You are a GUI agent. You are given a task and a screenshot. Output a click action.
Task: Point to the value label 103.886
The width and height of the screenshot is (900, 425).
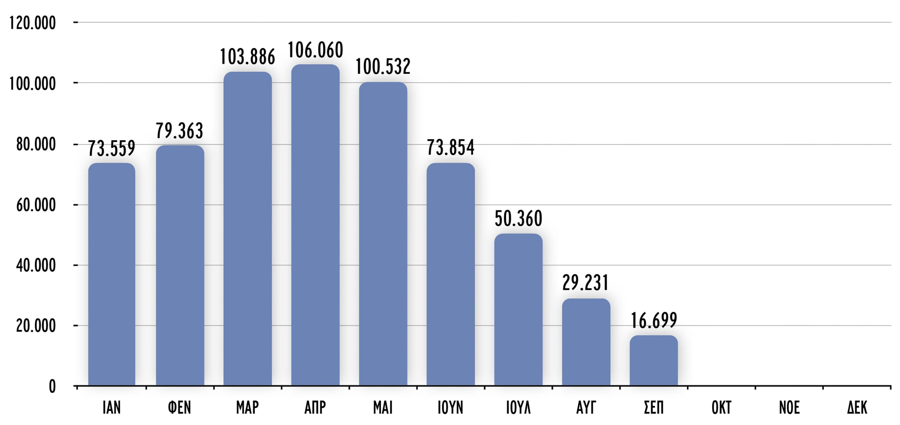pos(247,57)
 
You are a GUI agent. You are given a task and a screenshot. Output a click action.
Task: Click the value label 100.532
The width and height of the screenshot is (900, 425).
pos(383,66)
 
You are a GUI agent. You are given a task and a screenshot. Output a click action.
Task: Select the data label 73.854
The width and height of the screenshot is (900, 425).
pos(450,147)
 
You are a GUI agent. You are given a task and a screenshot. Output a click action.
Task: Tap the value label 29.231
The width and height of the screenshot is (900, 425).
pos(585,283)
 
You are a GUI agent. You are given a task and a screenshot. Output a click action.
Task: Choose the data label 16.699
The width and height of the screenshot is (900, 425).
pos(654,321)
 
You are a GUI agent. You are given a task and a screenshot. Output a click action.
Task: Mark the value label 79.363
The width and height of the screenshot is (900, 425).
pos(179,131)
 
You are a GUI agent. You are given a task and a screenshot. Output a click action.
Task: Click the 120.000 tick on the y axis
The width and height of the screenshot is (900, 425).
pos(32,23)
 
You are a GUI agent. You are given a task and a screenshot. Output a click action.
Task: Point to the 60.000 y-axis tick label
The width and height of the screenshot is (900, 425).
pos(36,205)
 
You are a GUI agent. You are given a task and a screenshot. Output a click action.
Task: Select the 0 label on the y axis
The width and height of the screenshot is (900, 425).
pos(52,386)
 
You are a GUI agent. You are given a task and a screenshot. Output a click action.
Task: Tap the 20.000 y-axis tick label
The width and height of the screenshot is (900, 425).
pos(36,326)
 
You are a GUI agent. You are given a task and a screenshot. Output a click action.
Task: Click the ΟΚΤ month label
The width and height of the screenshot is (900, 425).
pos(721,408)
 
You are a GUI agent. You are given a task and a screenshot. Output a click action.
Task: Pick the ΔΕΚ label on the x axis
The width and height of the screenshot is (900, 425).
pos(857,408)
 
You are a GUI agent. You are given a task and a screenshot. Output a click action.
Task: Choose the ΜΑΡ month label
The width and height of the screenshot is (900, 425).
pos(247,408)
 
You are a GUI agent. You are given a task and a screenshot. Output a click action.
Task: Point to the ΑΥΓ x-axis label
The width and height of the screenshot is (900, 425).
pos(586,408)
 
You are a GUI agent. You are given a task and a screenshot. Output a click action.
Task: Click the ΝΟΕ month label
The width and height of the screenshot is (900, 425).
pos(789,408)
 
